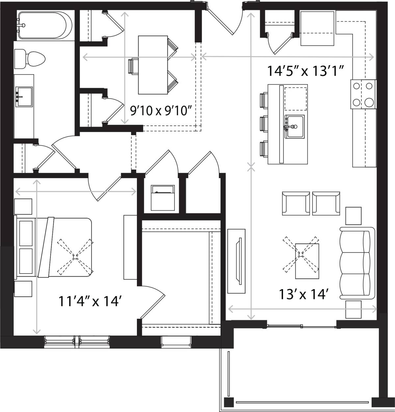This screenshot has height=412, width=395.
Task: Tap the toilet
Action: (30, 58)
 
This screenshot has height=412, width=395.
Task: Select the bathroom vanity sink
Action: (24, 97)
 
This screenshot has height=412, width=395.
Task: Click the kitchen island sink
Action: (294, 126)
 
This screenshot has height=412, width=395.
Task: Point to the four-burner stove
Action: (363, 94)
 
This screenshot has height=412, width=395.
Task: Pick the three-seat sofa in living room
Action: (357, 263)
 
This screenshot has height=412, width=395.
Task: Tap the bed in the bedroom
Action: (53, 247)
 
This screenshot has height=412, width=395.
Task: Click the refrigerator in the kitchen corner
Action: (318, 29)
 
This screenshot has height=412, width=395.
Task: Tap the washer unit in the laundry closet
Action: (163, 198)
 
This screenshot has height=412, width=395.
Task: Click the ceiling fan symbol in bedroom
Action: (75, 257)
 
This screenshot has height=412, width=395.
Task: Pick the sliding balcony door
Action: (301, 326)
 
